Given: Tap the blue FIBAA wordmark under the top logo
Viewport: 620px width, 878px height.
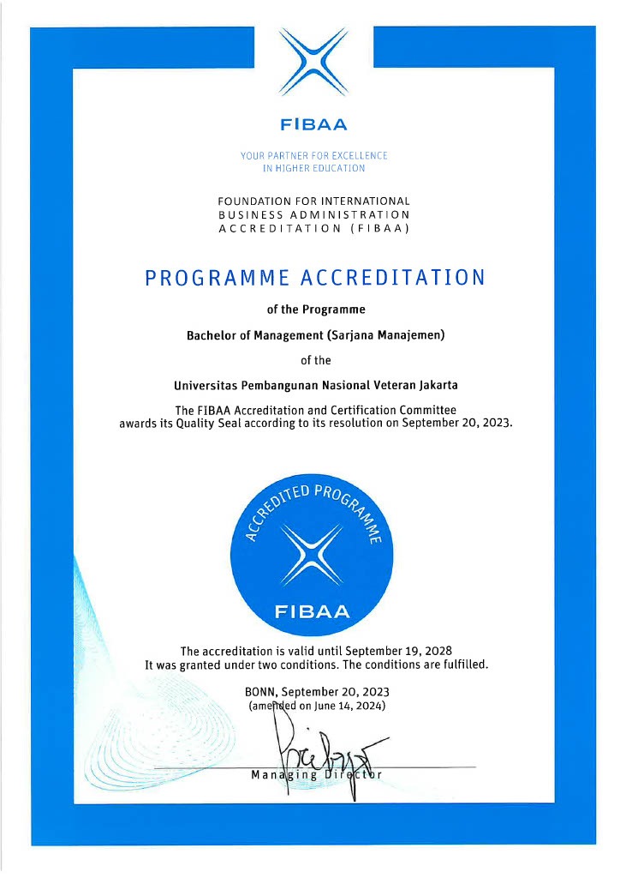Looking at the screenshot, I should pyautogui.click(x=313, y=125).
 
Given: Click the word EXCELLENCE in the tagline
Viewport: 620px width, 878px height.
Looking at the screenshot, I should pyautogui.click(x=355, y=155).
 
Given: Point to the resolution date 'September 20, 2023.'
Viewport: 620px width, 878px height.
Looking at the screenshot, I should pyautogui.click(x=456, y=423).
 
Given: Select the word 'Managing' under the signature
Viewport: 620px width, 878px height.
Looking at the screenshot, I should pyautogui.click(x=274, y=775).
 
